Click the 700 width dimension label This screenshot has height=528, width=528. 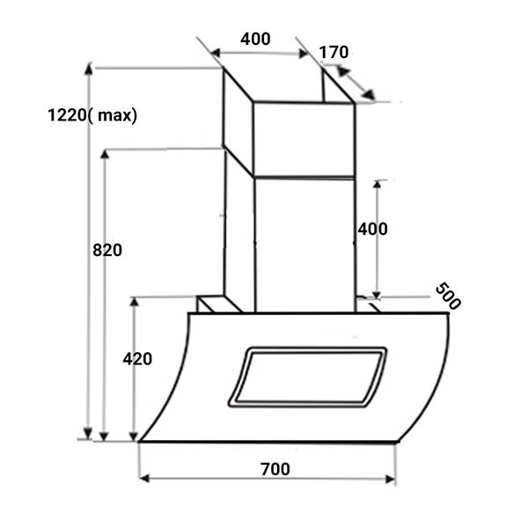tap(275, 469)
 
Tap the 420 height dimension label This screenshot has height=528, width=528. tap(137, 359)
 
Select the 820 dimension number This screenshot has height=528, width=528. tap(107, 250)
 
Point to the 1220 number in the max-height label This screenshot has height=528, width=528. tap(68, 115)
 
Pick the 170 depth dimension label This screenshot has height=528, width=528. tap(334, 52)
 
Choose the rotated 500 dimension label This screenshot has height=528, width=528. tap(448, 297)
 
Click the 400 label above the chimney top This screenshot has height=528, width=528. tap(255, 39)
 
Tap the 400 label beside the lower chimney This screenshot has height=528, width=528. tap(372, 230)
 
